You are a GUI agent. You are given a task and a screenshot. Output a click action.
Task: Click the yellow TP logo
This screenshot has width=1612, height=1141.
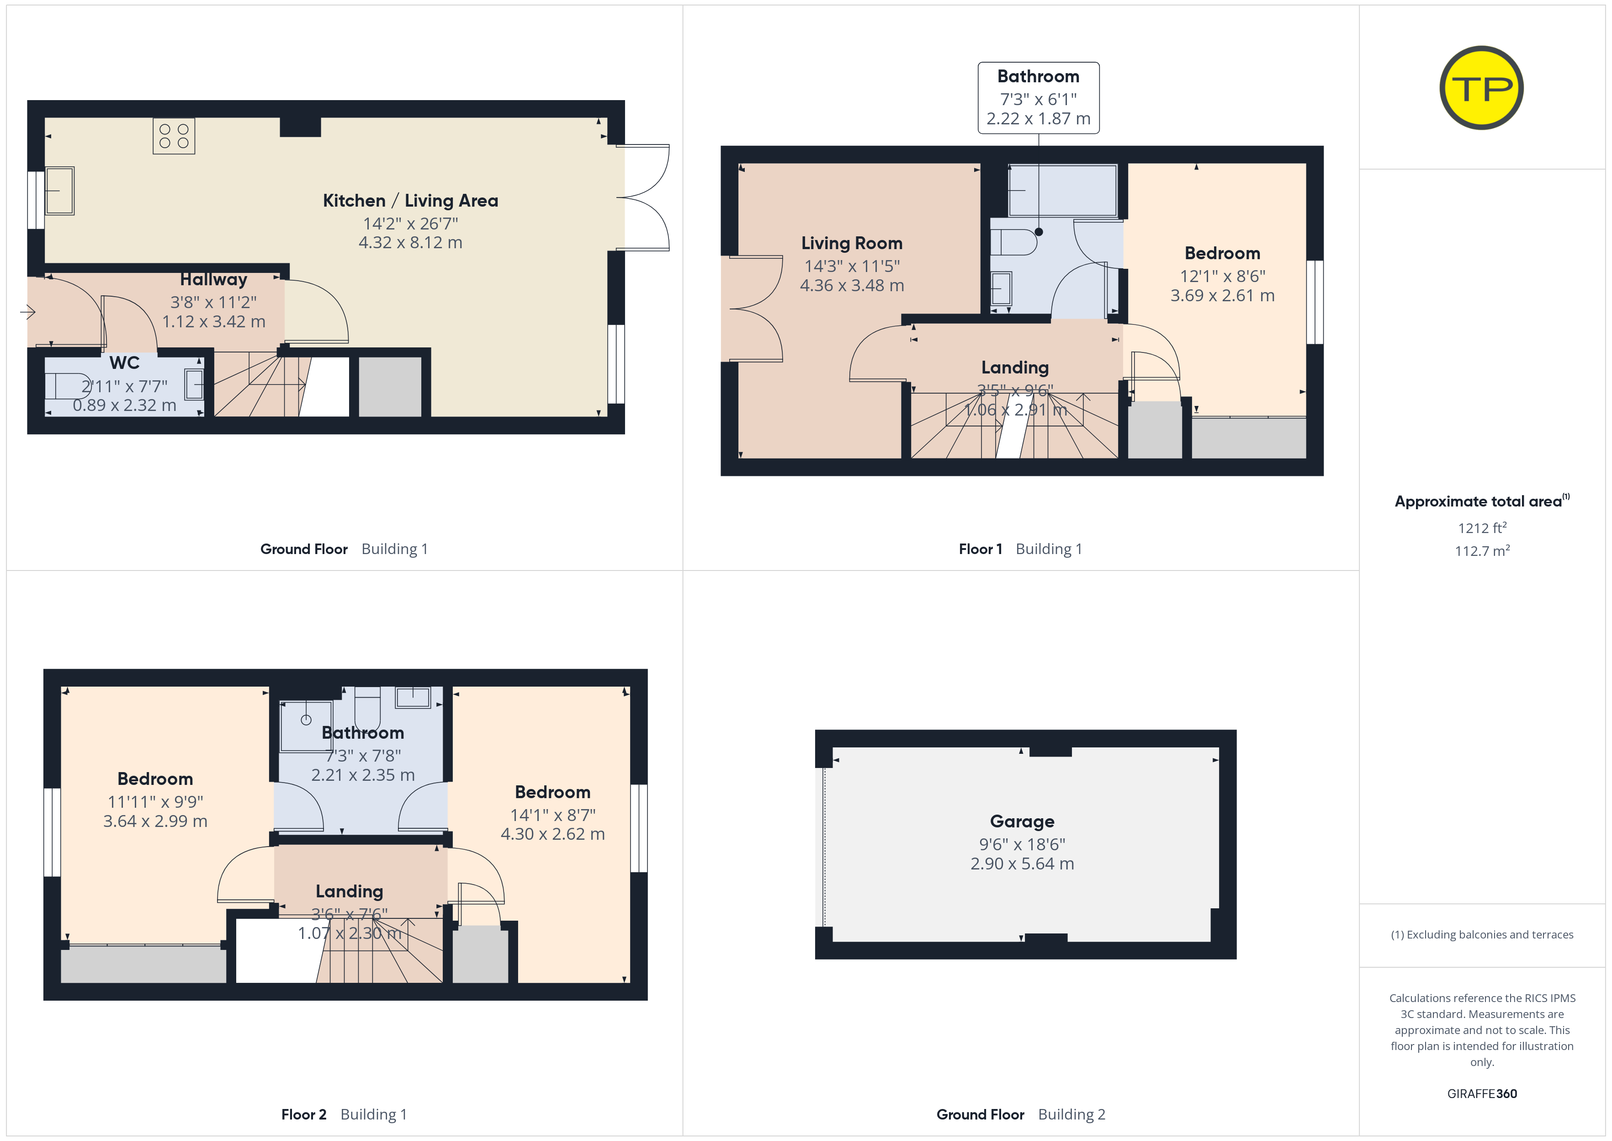click(x=1481, y=88)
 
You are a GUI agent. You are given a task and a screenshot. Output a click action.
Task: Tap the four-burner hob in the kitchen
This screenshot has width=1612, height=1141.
click(x=174, y=136)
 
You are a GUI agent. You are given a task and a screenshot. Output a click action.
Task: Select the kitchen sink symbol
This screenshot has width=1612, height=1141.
click(x=60, y=191)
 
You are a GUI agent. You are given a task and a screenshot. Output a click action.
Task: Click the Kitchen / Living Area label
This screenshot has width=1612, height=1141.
click(x=411, y=201)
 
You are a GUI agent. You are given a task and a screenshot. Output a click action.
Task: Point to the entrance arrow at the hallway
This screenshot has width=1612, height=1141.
click(x=28, y=311)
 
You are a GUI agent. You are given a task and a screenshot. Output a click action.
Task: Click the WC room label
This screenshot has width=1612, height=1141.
click(x=124, y=363)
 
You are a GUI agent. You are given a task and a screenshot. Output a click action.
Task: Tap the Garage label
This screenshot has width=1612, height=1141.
click(x=1022, y=821)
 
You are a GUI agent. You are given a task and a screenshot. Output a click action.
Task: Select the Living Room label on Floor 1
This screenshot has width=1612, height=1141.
click(x=852, y=243)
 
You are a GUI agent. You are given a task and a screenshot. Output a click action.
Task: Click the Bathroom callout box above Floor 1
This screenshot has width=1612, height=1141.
click(x=1039, y=98)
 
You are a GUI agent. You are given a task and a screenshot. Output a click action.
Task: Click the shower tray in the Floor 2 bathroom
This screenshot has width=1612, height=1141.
click(x=306, y=726)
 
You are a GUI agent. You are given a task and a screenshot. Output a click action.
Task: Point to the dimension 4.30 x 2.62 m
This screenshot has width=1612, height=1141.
click(x=552, y=834)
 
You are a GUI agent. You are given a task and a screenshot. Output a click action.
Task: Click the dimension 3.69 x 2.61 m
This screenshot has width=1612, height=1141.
click(x=1222, y=296)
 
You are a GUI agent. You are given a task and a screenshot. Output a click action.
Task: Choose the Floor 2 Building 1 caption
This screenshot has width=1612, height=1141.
click(x=344, y=1114)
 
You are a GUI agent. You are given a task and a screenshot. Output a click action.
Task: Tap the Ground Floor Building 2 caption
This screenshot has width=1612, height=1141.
click(x=1021, y=1114)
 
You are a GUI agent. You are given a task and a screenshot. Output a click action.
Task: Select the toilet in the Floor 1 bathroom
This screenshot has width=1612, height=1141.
click(x=1014, y=242)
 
